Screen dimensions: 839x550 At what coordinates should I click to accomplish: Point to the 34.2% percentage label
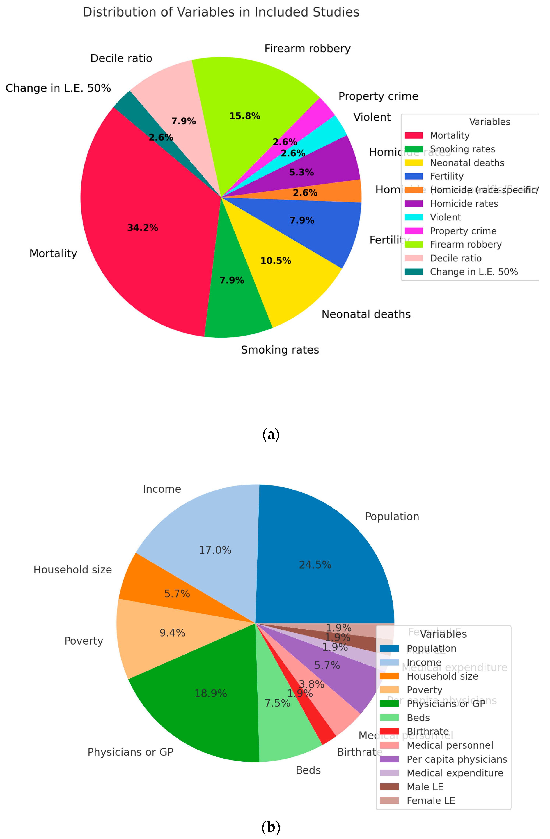(143, 228)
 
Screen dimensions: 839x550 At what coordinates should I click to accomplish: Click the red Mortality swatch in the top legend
(414, 135)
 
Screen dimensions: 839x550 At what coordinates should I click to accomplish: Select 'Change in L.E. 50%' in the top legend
(473, 272)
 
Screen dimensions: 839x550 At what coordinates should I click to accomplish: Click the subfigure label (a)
(271, 434)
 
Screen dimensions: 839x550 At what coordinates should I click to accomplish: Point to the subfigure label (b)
(271, 827)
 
